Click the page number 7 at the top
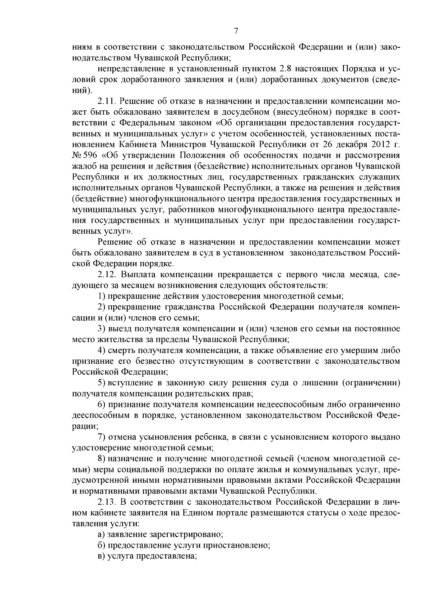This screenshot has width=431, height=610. pos(236,31)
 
